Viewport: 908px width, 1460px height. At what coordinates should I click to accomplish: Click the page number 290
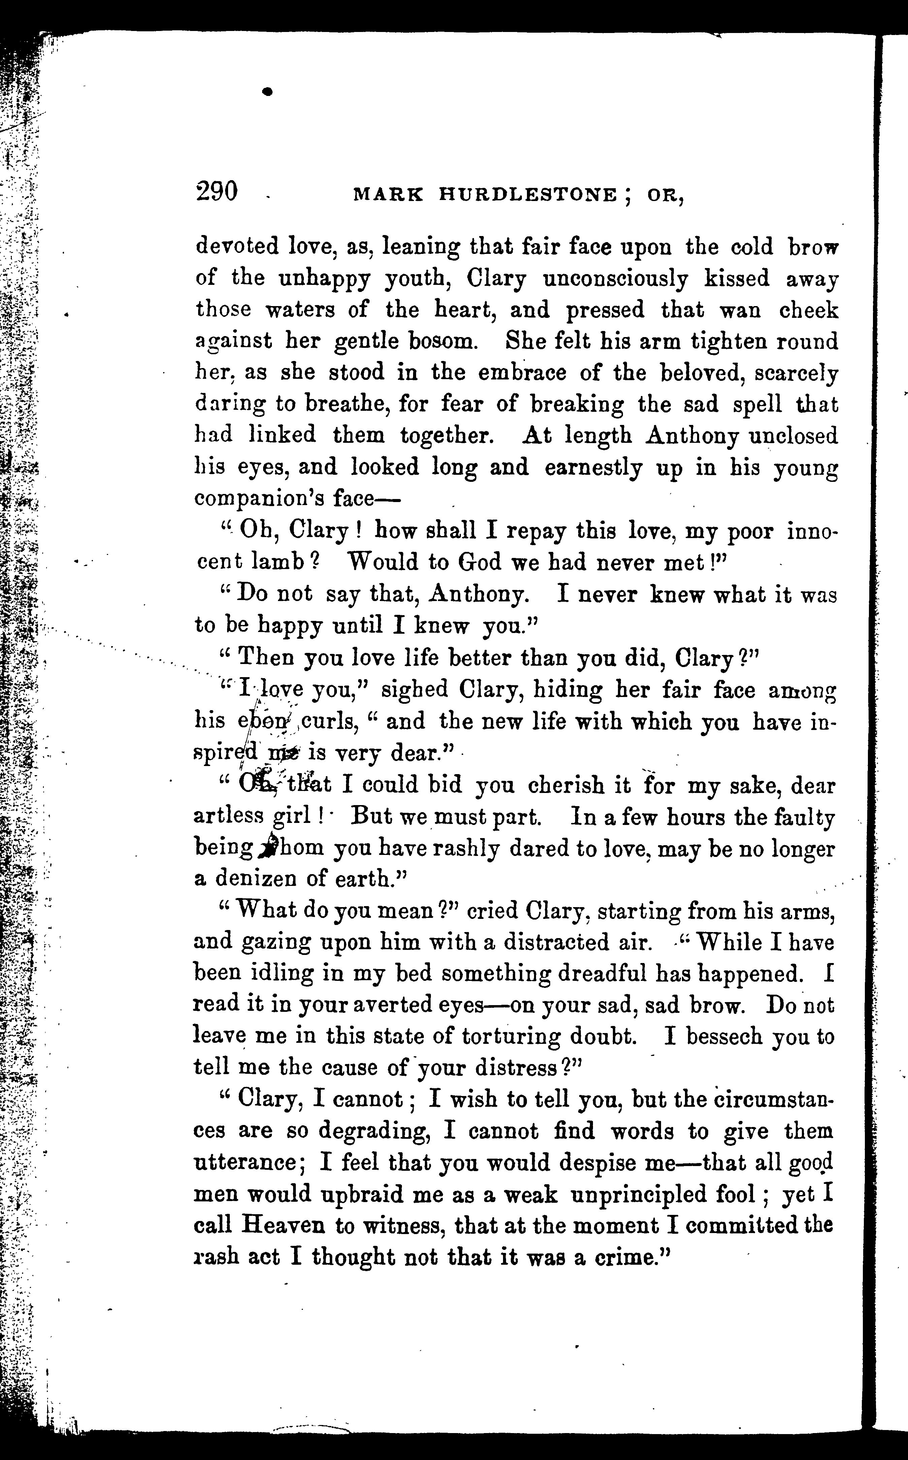click(x=217, y=192)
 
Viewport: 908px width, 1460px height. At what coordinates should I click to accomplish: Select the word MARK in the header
click(x=388, y=194)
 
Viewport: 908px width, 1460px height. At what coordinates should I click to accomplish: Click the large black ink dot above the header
click(x=268, y=91)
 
